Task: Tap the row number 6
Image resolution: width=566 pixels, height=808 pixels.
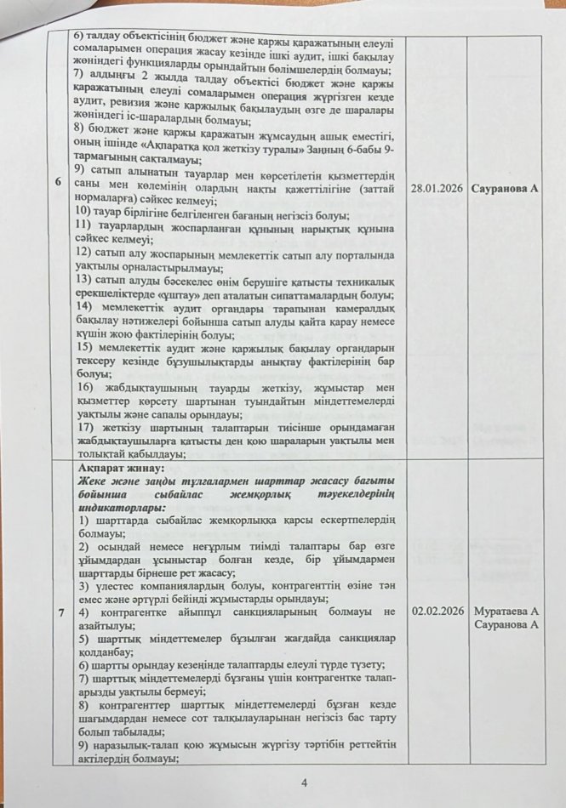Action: point(57,207)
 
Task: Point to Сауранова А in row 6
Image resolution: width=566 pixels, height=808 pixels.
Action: point(506,189)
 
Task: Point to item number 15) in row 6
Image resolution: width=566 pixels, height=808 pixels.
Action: point(87,349)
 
